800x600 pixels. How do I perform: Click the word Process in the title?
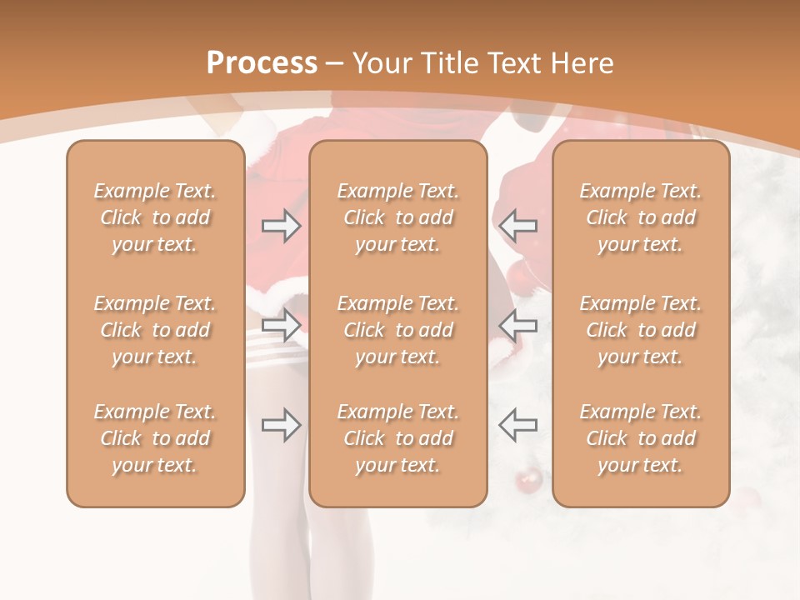pyautogui.click(x=262, y=62)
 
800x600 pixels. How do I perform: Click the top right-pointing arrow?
pyautogui.click(x=282, y=225)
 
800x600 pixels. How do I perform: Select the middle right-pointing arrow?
pyautogui.click(x=282, y=324)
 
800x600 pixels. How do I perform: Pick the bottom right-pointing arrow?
pyautogui.click(x=282, y=425)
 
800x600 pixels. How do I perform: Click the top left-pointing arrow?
pyautogui.click(x=517, y=225)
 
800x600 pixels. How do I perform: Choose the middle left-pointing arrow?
pyautogui.click(x=517, y=324)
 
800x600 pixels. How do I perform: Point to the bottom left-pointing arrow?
pyautogui.click(x=517, y=425)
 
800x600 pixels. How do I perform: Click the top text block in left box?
pyautogui.click(x=155, y=217)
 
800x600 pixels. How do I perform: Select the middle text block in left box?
pyautogui.click(x=155, y=330)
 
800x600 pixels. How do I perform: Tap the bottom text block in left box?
pyautogui.click(x=155, y=438)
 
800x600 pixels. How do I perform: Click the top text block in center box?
pyautogui.click(x=397, y=217)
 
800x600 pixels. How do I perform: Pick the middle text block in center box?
pyautogui.click(x=397, y=330)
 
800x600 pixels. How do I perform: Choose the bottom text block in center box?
pyautogui.click(x=397, y=438)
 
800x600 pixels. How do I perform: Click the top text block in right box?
pyautogui.click(x=640, y=217)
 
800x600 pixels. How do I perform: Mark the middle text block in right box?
pyautogui.click(x=640, y=330)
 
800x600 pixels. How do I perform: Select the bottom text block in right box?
pyautogui.click(x=640, y=438)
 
